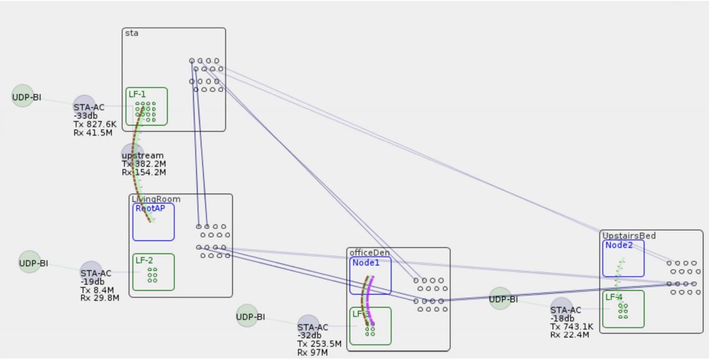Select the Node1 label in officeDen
click(x=366, y=262)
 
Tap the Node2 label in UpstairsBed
click(x=619, y=245)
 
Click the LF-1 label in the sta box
click(x=137, y=94)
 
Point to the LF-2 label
click(x=144, y=261)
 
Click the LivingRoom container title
click(x=156, y=199)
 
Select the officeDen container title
click(x=369, y=253)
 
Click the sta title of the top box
click(x=132, y=33)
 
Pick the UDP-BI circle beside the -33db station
click(x=23, y=96)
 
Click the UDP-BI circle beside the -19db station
click(x=30, y=262)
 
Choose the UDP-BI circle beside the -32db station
click(x=247, y=316)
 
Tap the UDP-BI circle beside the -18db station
click(x=500, y=299)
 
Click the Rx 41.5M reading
click(x=93, y=133)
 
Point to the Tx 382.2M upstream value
click(x=144, y=164)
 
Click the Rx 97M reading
click(x=312, y=353)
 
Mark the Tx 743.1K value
click(x=572, y=327)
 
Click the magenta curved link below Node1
click(x=370, y=298)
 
